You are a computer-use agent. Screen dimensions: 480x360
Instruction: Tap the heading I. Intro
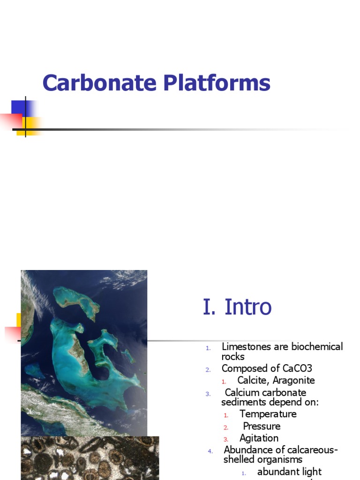[x=237, y=307]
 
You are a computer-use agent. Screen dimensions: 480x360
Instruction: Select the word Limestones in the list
[x=249, y=347]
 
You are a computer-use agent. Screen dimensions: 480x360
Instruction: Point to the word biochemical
[x=317, y=347]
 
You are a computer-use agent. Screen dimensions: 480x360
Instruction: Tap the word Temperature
[x=268, y=414]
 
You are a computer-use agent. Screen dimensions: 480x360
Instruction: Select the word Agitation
[x=259, y=438]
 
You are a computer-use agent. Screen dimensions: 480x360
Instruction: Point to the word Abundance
[x=249, y=450]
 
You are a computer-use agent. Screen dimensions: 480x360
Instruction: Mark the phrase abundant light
[x=290, y=472]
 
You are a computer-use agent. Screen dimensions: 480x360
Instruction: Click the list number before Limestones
[x=208, y=348]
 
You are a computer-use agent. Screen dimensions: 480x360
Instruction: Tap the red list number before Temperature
[x=226, y=415]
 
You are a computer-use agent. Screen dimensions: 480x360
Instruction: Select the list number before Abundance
[x=210, y=451]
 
